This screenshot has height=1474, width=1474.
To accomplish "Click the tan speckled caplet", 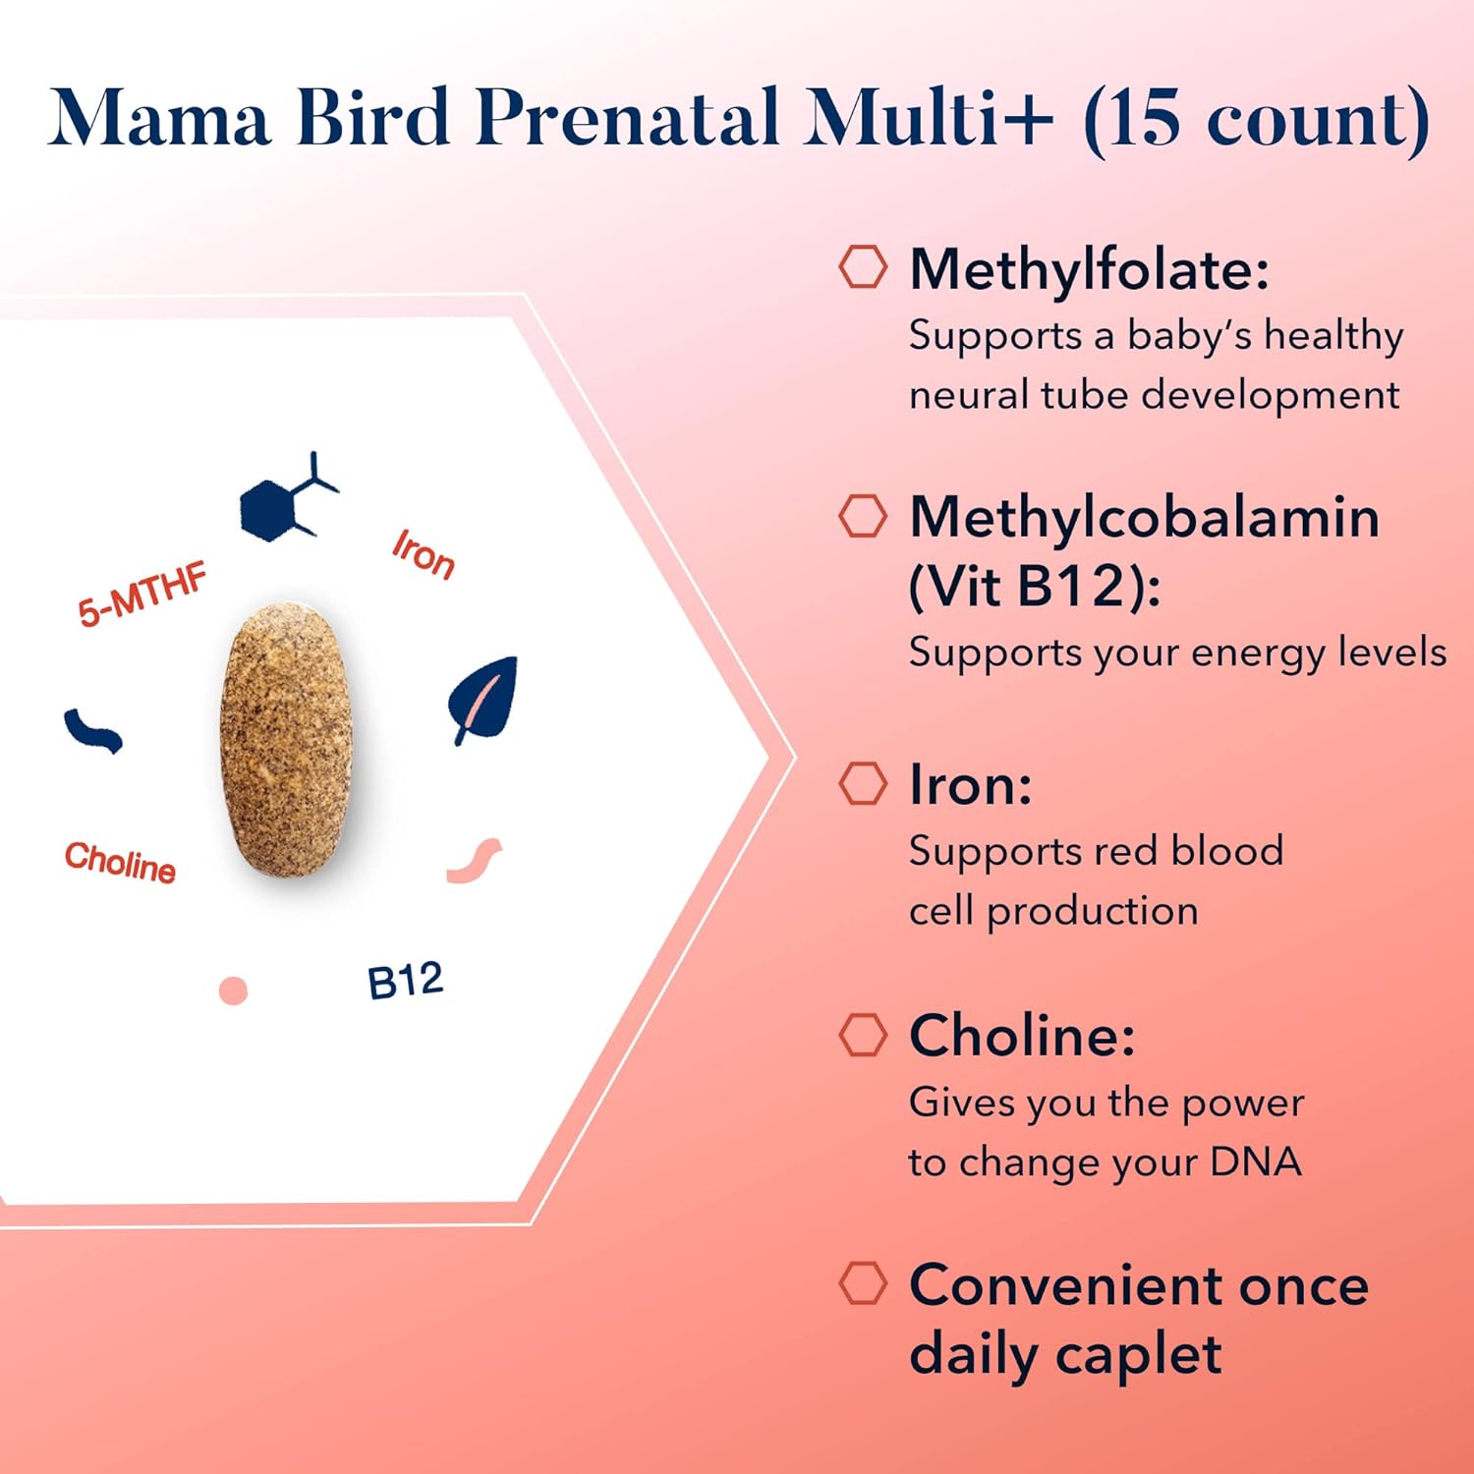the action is pos(286,739).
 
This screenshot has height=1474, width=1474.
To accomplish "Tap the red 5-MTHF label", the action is pos(143,594).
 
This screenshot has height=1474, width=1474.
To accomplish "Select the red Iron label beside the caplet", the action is pos(424,554).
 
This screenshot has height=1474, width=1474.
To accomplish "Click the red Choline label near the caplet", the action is pos(120,862).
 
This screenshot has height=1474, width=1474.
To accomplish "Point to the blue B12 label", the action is pos(405,981).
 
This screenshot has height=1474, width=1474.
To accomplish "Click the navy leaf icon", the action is pos(483,699).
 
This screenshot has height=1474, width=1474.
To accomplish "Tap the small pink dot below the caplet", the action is pos(233,991).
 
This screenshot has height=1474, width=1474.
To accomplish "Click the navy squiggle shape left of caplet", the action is pos(93,731).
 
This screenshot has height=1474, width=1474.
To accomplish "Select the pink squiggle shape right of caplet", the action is pos(475,861).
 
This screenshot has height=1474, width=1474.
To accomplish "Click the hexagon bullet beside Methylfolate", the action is pos(863,266).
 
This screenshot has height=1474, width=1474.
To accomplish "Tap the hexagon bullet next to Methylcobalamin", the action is pos(863,515).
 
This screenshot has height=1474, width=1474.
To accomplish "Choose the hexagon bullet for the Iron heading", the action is pos(863,783).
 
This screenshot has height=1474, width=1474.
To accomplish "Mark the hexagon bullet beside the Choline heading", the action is pos(863,1034).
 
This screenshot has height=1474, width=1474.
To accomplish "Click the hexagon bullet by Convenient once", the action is pos(863,1283).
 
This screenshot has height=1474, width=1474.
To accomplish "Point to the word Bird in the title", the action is pos(373,117).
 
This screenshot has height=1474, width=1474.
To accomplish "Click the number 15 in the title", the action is pos(1144,118).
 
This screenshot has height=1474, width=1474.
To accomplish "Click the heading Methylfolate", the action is pos(1090,269).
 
